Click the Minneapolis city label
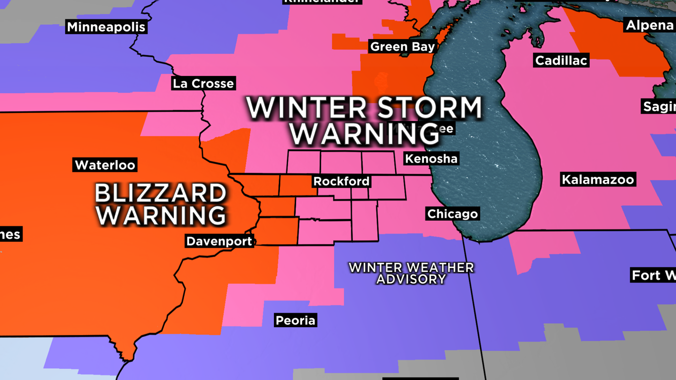coord(106,27)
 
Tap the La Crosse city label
coord(203,84)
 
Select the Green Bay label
coord(403,47)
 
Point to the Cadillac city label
coord(561,61)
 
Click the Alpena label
coord(649,25)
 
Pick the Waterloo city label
coord(105,165)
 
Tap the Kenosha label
coord(431,159)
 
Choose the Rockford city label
coord(341,181)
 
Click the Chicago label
coord(452,214)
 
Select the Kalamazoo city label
coord(598,179)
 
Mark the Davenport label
coord(219,241)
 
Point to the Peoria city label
coord(295,320)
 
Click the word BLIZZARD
coord(160,194)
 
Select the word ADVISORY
coord(411,279)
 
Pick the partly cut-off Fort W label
coord(653,276)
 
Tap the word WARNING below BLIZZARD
coord(160,215)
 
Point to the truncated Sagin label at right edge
coord(659,106)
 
